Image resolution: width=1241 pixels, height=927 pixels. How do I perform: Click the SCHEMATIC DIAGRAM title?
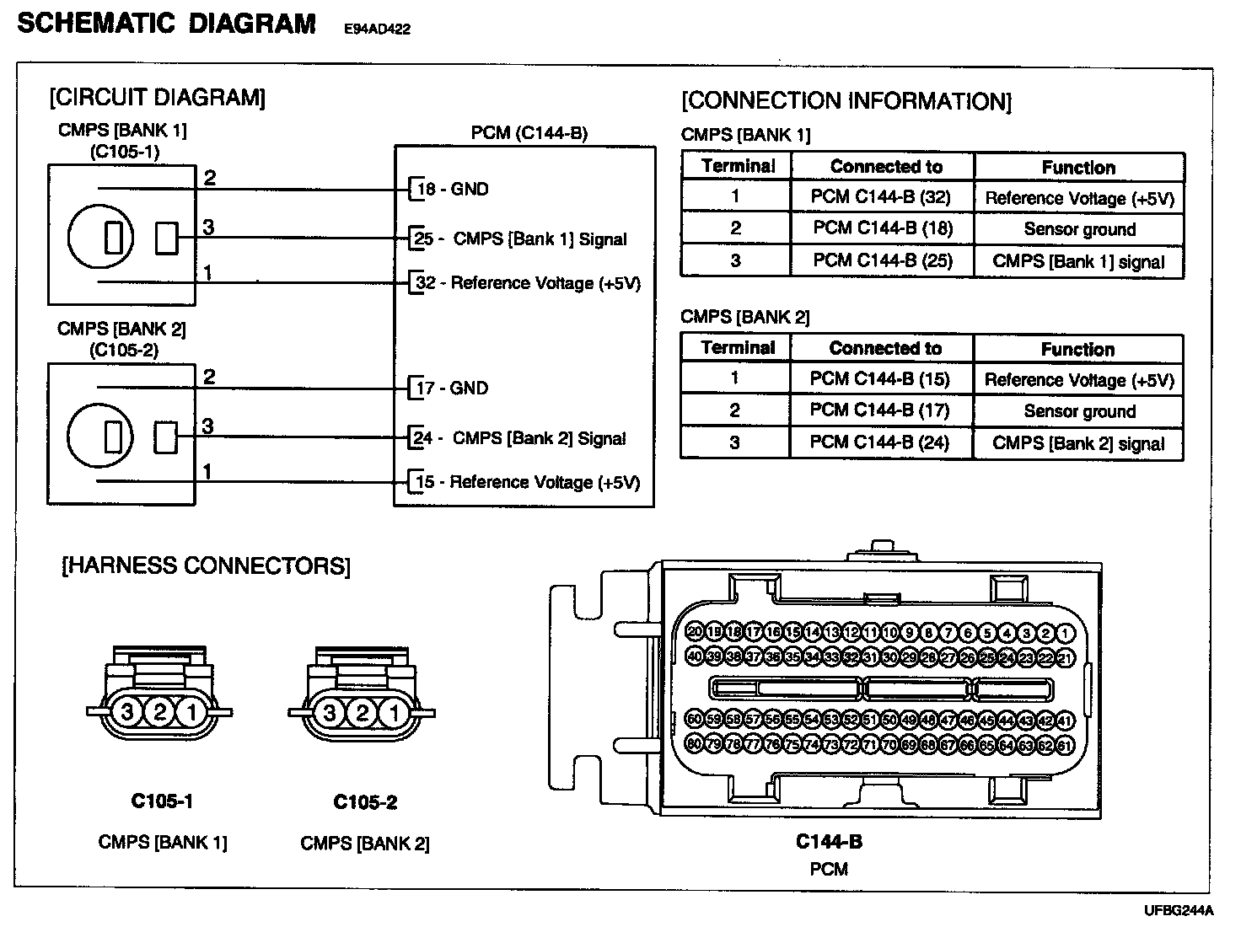166,24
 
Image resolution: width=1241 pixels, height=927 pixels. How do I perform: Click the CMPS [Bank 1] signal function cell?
1078,261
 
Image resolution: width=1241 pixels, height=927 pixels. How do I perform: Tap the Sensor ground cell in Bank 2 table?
1078,411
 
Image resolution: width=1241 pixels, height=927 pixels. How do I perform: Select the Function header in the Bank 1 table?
1078,167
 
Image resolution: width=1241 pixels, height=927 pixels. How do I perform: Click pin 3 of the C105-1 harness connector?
127,713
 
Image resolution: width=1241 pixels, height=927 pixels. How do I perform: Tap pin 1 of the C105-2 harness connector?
394,714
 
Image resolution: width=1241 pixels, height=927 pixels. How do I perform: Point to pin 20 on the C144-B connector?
695,632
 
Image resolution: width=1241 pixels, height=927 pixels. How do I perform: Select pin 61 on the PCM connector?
1065,745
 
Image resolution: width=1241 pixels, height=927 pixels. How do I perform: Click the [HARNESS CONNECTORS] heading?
206,565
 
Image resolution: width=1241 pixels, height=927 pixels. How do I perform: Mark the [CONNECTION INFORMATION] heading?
846,102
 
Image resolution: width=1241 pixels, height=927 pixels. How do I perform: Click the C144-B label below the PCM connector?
828,842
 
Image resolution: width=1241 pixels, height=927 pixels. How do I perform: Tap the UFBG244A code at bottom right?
1179,911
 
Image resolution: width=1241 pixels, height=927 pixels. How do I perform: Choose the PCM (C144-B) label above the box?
529,133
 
